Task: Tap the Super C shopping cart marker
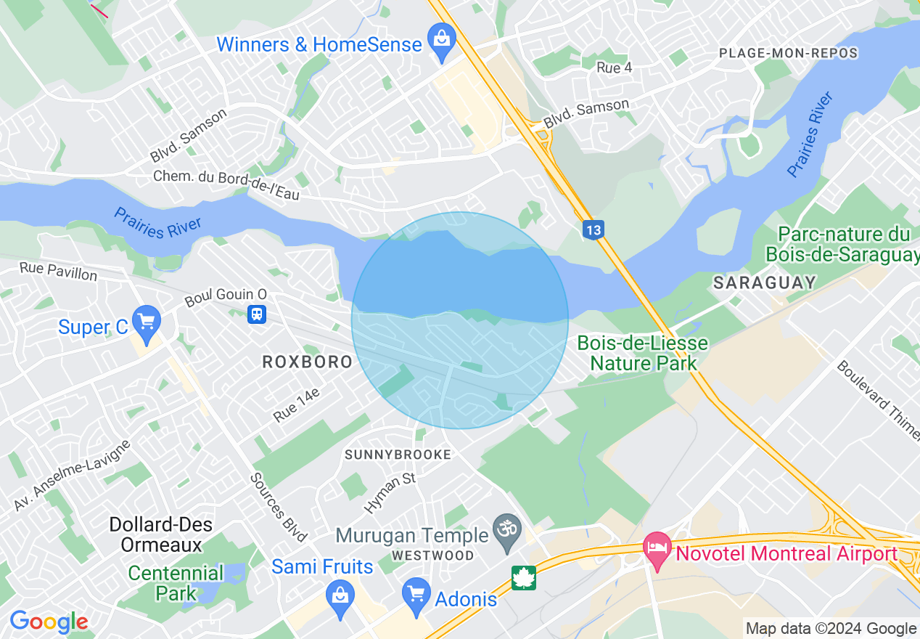pos(147,322)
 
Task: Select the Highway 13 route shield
pos(593,230)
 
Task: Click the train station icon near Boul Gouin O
pos(256,314)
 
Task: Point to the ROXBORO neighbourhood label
pos(307,362)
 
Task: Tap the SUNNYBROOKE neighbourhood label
pos(398,455)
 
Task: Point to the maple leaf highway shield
pos(523,578)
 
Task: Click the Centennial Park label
pos(176,583)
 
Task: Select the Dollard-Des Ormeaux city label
pos(157,534)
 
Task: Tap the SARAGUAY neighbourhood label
pos(765,282)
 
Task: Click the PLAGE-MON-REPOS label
pos(788,53)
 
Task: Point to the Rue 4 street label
pos(614,68)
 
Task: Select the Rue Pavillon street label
pos(58,272)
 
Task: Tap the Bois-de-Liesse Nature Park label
pos(643,352)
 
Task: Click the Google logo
pos(49,622)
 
